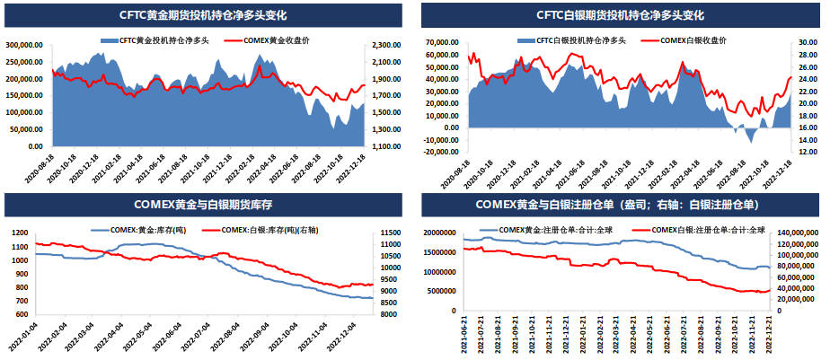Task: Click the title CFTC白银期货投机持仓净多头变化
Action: (x=620, y=15)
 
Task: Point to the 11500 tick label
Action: (x=393, y=233)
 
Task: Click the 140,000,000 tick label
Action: (x=797, y=233)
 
